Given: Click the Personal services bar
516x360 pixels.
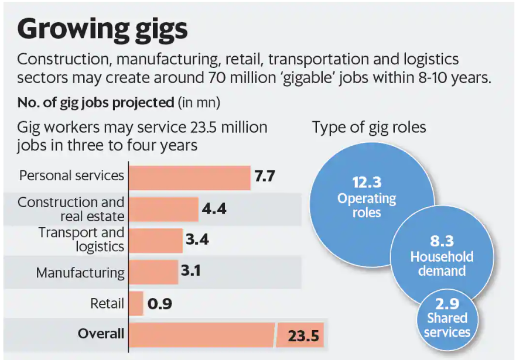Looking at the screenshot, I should (189, 177).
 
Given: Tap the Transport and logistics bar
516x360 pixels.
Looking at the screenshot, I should (156, 240).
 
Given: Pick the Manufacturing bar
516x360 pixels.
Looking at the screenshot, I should (153, 272).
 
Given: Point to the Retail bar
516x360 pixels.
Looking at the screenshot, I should (136, 304).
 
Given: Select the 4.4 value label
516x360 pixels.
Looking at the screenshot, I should (214, 208).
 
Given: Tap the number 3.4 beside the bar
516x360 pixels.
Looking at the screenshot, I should (197, 239).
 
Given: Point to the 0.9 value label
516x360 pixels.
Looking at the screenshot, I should (158, 304).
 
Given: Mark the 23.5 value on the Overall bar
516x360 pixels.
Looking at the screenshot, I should (303, 336).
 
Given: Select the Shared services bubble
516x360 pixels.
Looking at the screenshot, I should (447, 319).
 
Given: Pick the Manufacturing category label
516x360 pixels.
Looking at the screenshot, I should (80, 273).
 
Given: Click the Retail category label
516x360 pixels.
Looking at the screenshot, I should (107, 304).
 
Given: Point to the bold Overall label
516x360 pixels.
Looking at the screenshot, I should (101, 334).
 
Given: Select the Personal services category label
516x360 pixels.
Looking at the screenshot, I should (71, 176).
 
